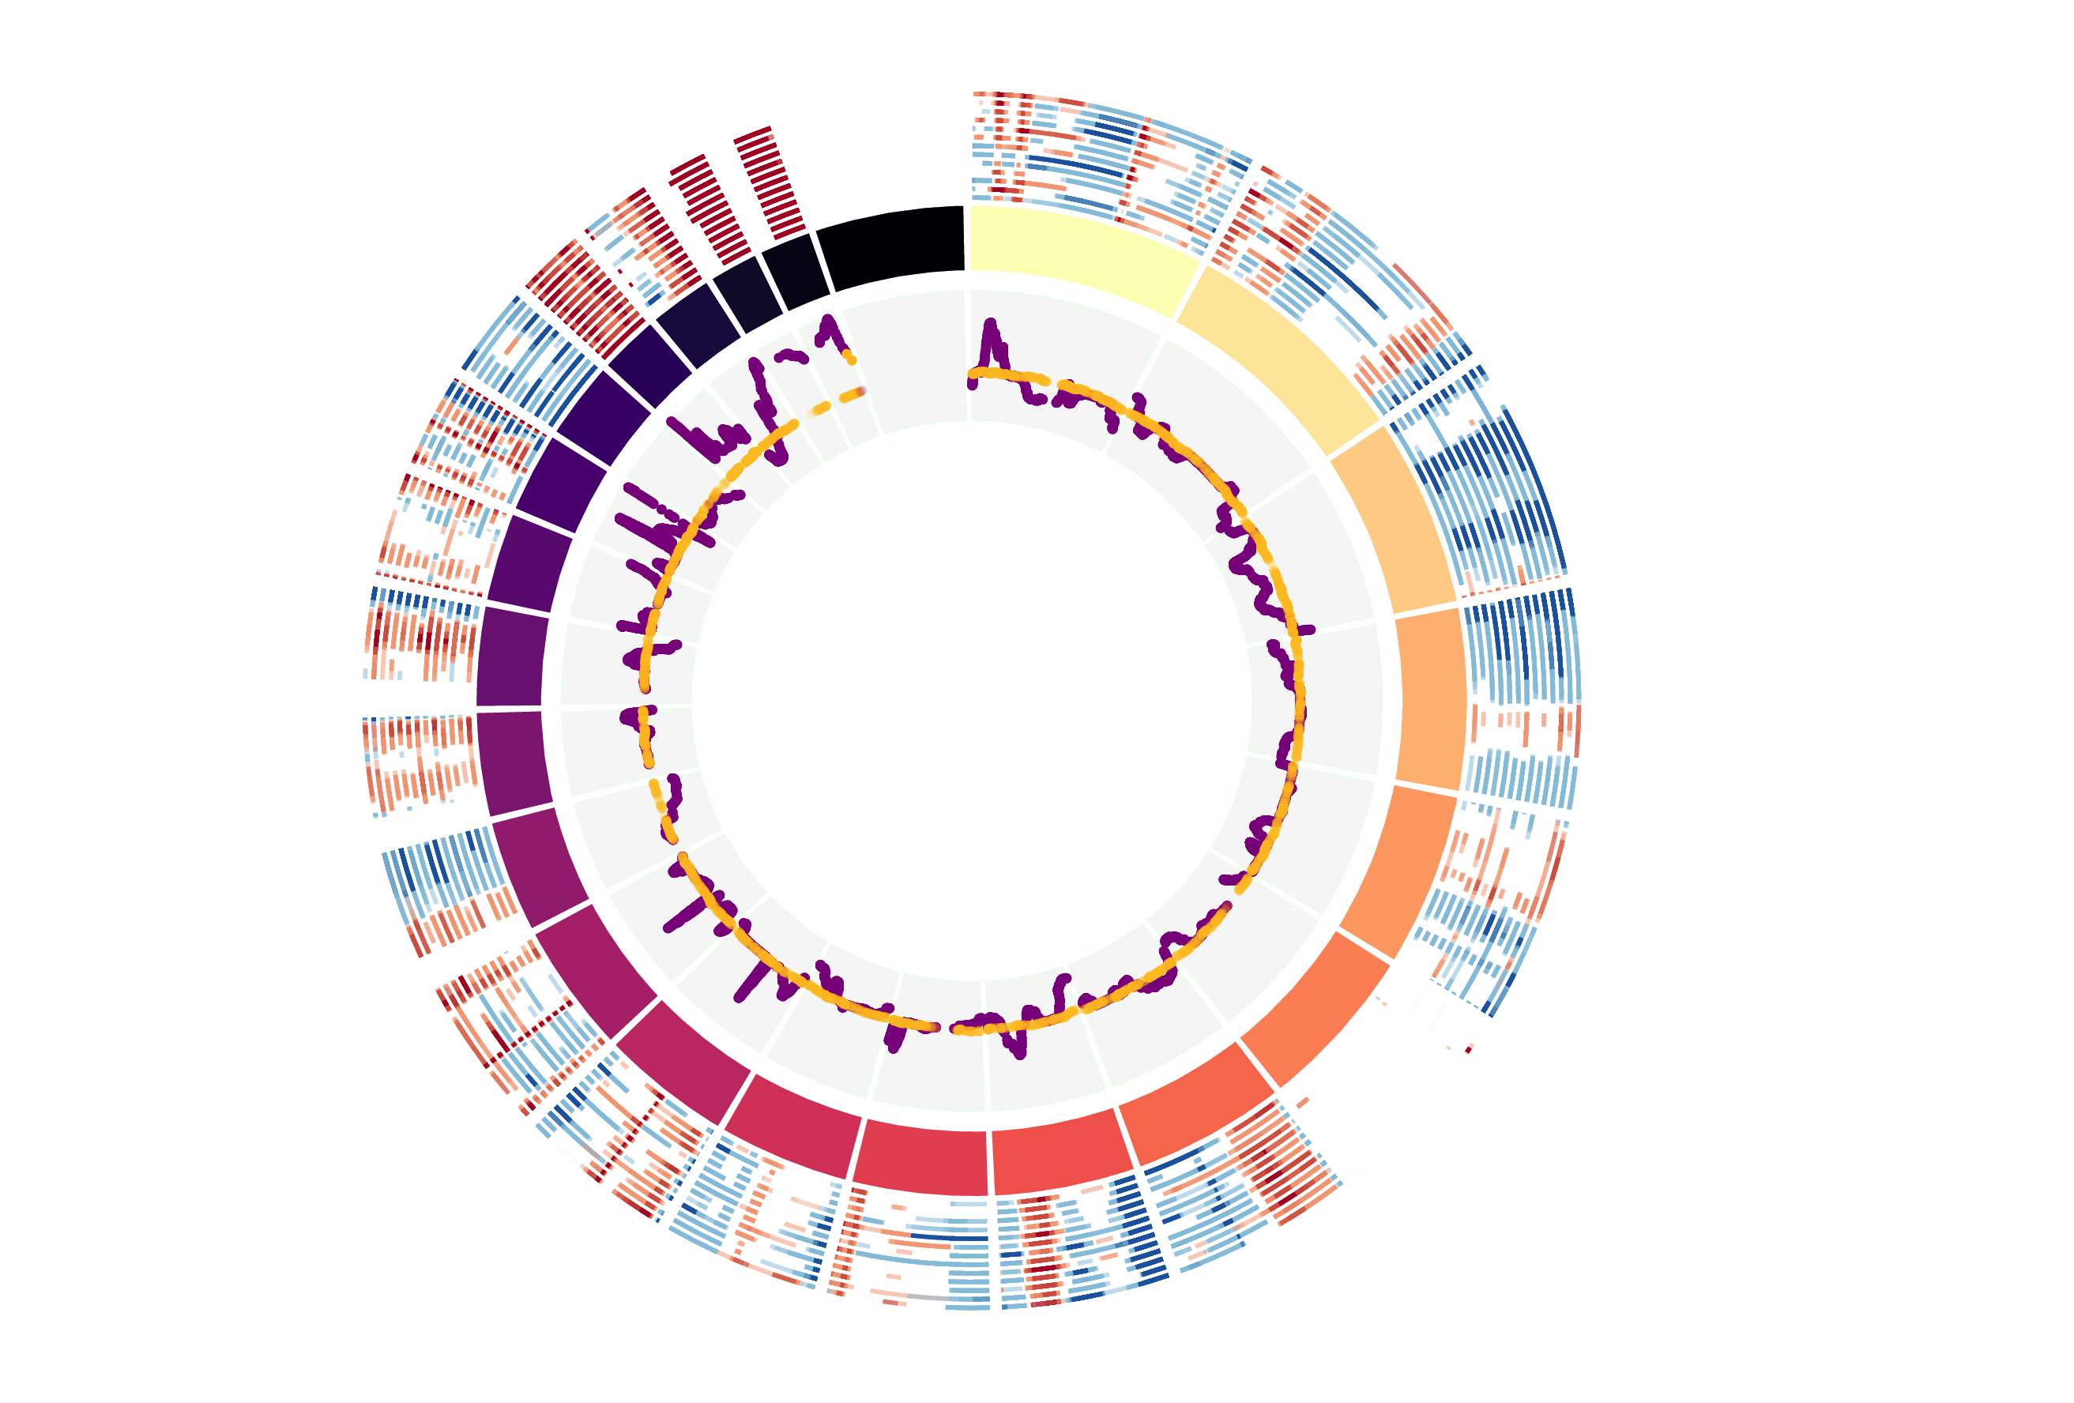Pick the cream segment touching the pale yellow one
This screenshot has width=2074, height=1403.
coord(1276,357)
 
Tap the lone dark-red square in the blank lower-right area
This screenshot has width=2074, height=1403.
coord(1469,1048)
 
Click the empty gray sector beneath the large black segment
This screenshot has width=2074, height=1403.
coord(910,357)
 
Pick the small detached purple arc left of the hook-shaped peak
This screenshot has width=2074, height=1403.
coord(791,357)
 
